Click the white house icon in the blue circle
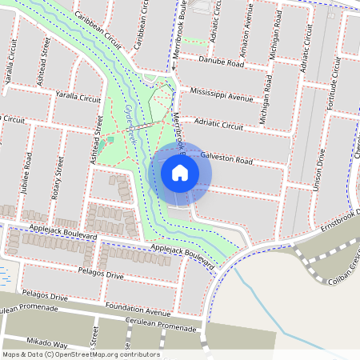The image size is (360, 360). click(x=180, y=172)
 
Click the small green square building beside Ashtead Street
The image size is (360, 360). click(x=110, y=140)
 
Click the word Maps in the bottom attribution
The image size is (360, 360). click(x=11, y=354)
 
